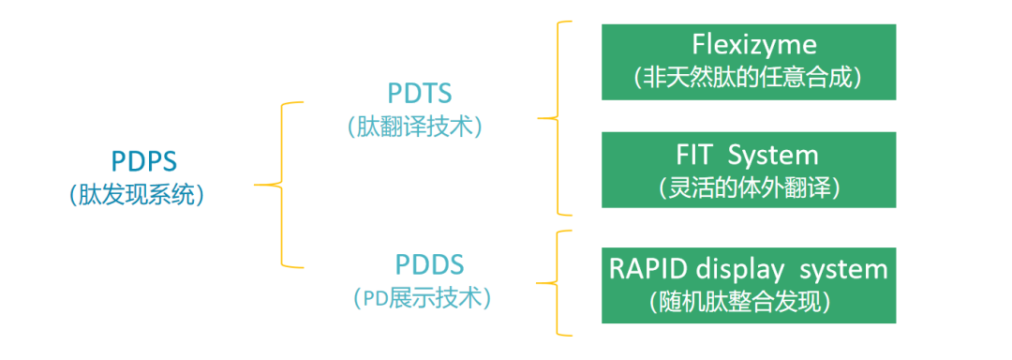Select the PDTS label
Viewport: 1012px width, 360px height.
(x=420, y=93)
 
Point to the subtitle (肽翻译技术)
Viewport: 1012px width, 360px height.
(x=420, y=127)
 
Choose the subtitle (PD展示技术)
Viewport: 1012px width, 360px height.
(x=423, y=299)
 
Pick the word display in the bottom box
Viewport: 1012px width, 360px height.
(x=740, y=268)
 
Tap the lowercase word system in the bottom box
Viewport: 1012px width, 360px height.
(x=839, y=268)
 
